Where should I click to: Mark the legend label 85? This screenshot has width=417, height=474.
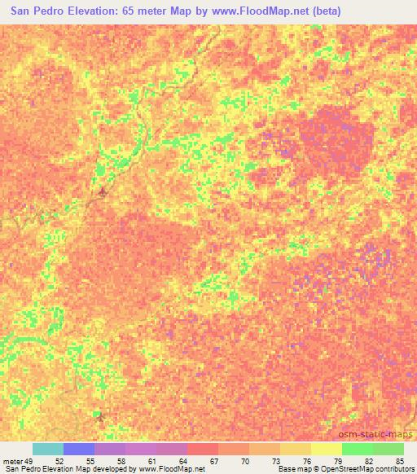398,461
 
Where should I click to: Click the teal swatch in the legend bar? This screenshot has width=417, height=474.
47,449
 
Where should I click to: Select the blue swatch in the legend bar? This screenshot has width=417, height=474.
78,449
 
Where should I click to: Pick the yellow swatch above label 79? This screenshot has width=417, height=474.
326,449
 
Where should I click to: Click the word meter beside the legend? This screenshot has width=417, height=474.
11,461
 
